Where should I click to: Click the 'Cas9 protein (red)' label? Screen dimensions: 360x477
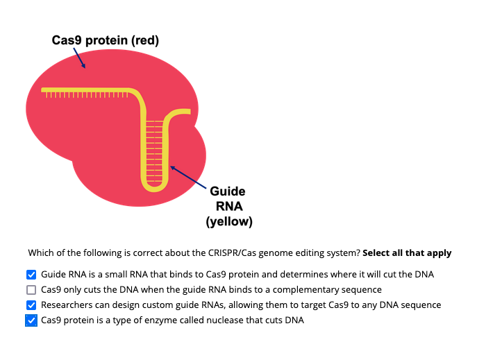tap(106, 41)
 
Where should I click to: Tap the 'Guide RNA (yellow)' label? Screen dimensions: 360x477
tap(228, 207)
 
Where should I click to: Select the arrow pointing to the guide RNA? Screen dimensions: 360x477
tap(187, 177)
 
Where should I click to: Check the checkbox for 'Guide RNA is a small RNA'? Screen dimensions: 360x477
tap(31, 275)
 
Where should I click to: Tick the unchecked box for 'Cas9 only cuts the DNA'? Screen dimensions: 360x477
tap(31, 290)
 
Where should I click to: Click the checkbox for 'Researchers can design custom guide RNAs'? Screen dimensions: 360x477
tap(31, 305)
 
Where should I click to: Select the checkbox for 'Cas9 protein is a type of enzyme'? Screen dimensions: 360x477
tap(31, 320)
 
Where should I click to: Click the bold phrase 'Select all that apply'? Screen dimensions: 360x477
tap(407, 253)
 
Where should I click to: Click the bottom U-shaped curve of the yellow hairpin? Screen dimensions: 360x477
tap(155, 187)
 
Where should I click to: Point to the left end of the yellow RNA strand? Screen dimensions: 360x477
tap(44, 90)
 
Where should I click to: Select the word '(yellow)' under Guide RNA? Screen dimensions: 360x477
tap(228, 222)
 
